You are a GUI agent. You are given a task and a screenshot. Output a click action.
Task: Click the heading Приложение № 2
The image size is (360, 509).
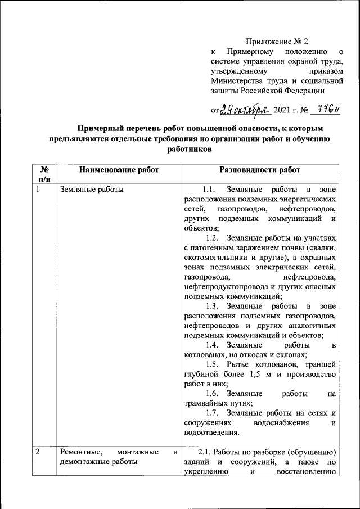point(277,41)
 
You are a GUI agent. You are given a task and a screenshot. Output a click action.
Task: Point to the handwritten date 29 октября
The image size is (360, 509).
point(246,109)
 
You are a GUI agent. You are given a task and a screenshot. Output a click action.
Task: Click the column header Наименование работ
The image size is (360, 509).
point(119,169)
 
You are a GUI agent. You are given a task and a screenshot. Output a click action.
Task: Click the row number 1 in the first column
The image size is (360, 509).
point(38,189)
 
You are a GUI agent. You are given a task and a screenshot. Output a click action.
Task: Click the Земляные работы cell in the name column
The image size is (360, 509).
point(92,189)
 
